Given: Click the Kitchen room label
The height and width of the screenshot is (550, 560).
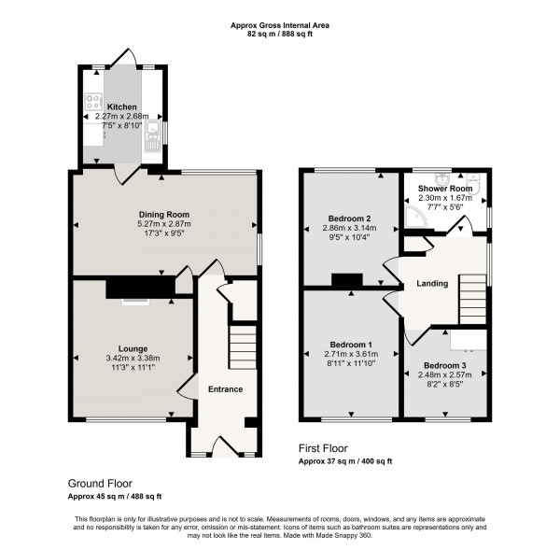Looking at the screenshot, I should [x=123, y=107].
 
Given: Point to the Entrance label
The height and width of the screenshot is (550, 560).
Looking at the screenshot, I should [x=225, y=389].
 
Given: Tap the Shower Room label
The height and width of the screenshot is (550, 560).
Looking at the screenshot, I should [x=443, y=187].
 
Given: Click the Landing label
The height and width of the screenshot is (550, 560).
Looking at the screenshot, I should [x=433, y=284].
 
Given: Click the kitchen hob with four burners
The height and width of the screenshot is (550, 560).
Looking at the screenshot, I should [x=93, y=103].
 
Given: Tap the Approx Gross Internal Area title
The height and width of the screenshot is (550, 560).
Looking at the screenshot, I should [x=279, y=25].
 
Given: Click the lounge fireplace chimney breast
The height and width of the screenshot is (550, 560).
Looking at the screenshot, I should [x=140, y=289].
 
